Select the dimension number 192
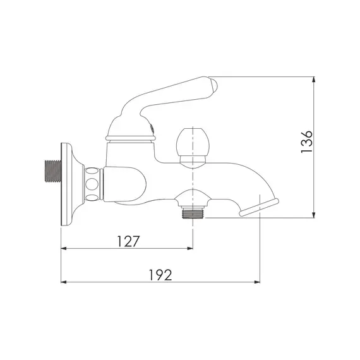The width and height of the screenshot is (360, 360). point(160,274)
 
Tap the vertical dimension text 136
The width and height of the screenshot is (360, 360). point(306,143)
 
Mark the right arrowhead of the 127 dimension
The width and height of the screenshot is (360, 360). point(191,248)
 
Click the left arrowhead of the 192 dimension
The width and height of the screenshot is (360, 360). point(63,282)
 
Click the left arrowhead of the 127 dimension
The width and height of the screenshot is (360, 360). point(63,248)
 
